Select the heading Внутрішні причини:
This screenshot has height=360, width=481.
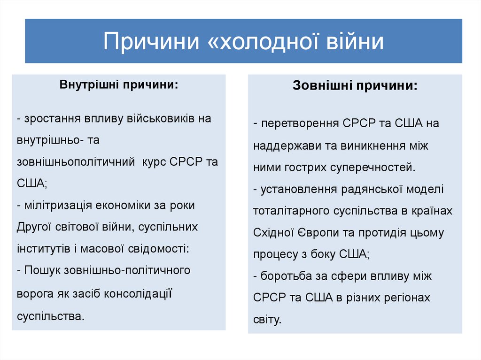[x=118, y=86]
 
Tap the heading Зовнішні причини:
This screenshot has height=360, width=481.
[x=355, y=86]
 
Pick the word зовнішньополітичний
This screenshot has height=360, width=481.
[x=76, y=161]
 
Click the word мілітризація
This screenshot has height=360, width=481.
[x=56, y=205]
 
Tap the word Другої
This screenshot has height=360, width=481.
[x=32, y=227]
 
